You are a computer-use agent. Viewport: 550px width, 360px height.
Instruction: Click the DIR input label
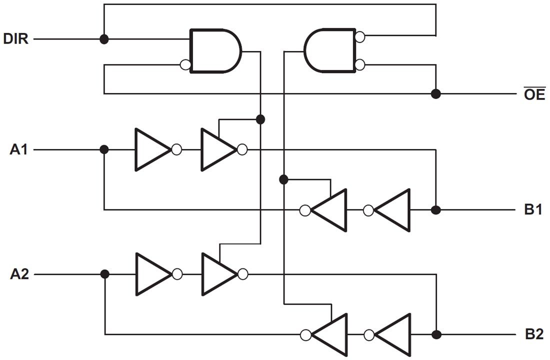pyautogui.click(x=16, y=39)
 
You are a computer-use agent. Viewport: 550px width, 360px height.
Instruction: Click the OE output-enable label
pyautogui.click(x=534, y=94)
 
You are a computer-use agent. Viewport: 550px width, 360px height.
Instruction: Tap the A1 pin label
pyautogui.click(x=19, y=149)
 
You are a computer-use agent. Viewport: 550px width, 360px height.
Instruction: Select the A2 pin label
pyautogui.click(x=19, y=274)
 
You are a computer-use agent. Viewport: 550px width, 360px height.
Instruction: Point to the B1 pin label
pyautogui.click(x=533, y=210)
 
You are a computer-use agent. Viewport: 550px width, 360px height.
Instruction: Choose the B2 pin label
pyautogui.click(x=533, y=334)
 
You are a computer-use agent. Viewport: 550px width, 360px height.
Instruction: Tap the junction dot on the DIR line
pyautogui.click(x=104, y=39)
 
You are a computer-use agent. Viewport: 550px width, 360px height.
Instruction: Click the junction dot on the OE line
pyautogui.click(x=435, y=93)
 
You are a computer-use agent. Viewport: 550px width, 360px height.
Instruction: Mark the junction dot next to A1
pyautogui.click(x=104, y=149)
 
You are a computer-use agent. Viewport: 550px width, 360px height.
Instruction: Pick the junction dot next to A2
pyautogui.click(x=104, y=274)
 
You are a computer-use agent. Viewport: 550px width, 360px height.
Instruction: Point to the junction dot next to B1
pyautogui.click(x=435, y=210)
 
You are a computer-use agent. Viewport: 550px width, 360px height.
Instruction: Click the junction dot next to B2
pyautogui.click(x=436, y=334)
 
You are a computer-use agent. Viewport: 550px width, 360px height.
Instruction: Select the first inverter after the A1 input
pyautogui.click(x=151, y=149)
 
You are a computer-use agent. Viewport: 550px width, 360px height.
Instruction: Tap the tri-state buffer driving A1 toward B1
pyautogui.click(x=217, y=149)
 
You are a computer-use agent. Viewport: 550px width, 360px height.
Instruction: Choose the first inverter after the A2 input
pyautogui.click(x=151, y=274)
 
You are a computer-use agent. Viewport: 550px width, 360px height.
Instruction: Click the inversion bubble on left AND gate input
pyautogui.click(x=185, y=64)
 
